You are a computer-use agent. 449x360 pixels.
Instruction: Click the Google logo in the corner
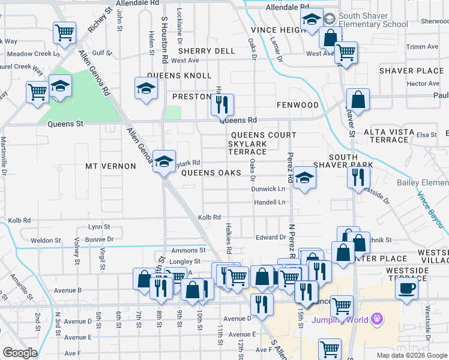point(20,353)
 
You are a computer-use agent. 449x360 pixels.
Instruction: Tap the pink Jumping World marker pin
point(376,318)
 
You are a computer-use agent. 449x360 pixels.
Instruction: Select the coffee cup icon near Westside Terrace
point(406,288)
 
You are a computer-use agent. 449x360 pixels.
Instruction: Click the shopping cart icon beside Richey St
point(64,33)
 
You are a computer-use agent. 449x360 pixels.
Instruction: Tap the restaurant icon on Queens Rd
point(222,105)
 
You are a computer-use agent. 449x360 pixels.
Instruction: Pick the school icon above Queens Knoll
point(146,89)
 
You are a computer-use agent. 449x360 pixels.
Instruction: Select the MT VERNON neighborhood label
point(110,166)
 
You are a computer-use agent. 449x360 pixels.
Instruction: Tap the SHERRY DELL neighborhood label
point(206,51)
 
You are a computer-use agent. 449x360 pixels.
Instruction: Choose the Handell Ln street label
point(270,202)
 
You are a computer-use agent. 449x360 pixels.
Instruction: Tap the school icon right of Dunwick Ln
point(305,178)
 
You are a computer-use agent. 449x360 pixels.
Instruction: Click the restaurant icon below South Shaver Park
point(358,177)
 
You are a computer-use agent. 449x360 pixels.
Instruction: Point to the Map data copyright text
point(411,355)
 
